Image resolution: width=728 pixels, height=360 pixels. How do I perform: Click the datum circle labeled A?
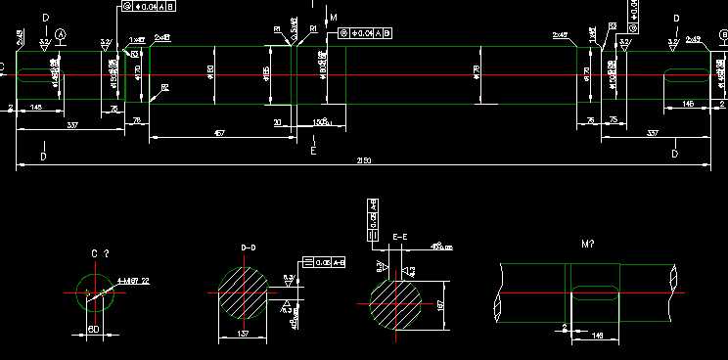point(62,34)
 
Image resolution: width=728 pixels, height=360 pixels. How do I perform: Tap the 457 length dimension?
point(219,133)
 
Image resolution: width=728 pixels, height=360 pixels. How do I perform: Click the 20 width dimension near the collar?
point(278,122)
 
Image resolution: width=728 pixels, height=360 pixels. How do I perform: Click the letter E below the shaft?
point(313,152)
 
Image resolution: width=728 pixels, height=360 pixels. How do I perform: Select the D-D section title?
point(248,248)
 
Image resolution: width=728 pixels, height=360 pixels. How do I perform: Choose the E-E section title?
point(399,237)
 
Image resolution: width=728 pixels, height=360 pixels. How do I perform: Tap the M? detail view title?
point(588,242)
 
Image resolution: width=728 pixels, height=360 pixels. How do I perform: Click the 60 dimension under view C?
point(94,329)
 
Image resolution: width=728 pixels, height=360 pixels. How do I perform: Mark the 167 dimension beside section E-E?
point(441,305)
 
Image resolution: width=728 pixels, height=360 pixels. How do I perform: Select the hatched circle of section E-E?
point(394,304)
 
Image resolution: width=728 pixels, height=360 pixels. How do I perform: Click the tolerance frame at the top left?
point(150,7)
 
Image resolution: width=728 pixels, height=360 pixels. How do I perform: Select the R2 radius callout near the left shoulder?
point(164,87)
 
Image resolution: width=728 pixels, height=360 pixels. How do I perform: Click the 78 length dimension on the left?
point(137,119)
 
